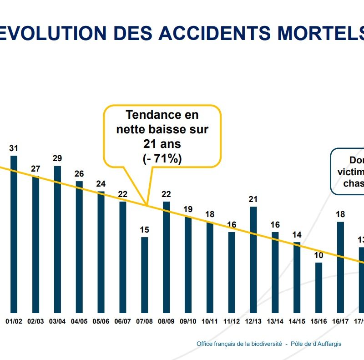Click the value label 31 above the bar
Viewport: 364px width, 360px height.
(14, 148)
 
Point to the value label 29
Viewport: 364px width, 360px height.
(57, 158)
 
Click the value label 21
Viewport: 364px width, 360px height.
(253, 199)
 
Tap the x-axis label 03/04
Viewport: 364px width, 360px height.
(57, 321)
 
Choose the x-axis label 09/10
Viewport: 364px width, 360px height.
(188, 321)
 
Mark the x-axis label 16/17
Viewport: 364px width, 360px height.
(340, 321)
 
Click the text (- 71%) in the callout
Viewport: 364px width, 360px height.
(162, 159)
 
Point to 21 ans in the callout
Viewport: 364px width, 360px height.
(162, 144)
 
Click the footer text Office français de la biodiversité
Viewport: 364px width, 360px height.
(238, 344)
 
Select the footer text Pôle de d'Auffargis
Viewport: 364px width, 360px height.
(316, 344)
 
